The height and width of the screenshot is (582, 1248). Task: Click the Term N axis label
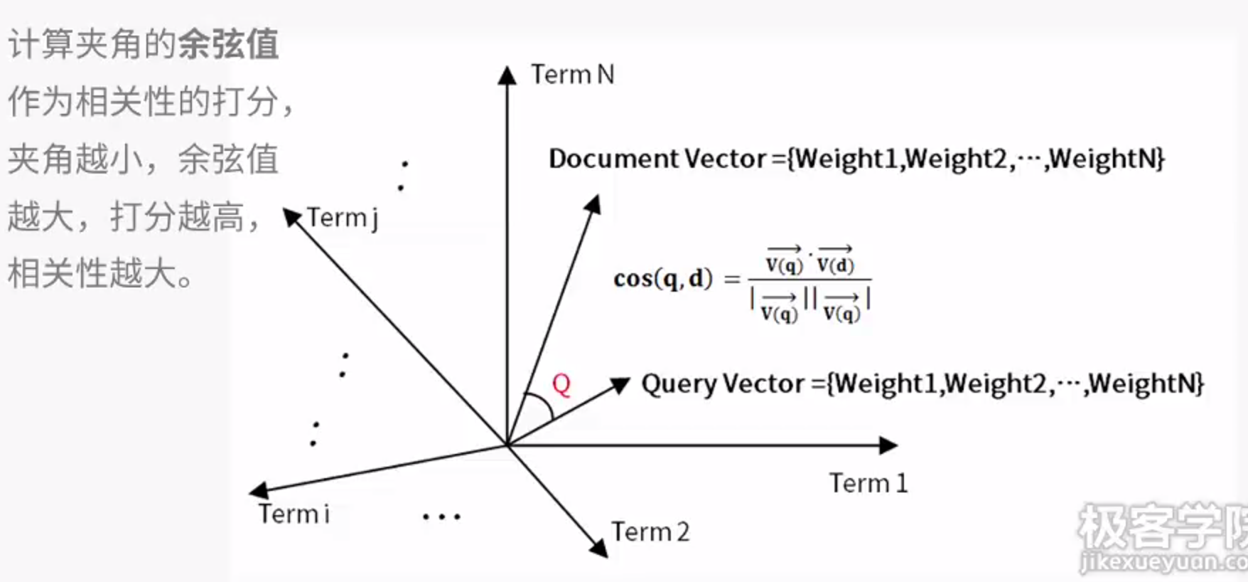(572, 75)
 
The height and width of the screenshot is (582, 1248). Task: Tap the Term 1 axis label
(868, 484)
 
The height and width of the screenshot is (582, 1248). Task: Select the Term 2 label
(650, 532)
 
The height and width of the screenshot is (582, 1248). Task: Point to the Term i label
(294, 514)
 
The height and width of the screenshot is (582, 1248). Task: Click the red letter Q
(561, 384)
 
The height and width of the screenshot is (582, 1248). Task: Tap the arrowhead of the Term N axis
(507, 75)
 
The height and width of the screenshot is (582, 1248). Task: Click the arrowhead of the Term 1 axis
(889, 446)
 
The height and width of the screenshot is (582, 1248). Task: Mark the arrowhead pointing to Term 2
(599, 548)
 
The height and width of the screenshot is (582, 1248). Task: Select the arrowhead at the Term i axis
(258, 490)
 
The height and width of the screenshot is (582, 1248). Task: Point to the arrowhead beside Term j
(291, 216)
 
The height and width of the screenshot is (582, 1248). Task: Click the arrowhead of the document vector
(593, 204)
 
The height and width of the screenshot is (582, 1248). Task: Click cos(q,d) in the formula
(662, 278)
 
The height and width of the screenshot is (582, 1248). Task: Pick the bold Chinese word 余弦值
(228, 44)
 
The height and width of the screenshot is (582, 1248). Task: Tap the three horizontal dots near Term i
(441, 517)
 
